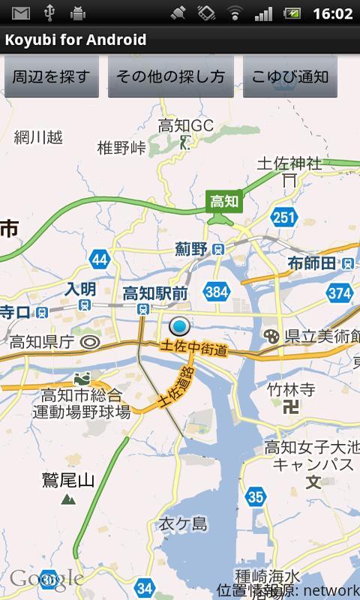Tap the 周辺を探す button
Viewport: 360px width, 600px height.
click(x=52, y=76)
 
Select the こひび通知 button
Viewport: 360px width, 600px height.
click(x=289, y=76)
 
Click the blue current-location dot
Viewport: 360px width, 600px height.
click(x=179, y=327)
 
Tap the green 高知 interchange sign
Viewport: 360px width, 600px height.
click(x=223, y=201)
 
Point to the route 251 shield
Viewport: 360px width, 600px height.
click(x=283, y=217)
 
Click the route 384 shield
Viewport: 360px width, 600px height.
click(x=216, y=292)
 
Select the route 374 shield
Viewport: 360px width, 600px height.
click(x=339, y=292)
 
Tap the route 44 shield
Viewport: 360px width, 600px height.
click(x=100, y=260)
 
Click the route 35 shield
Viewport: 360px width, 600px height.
click(x=256, y=496)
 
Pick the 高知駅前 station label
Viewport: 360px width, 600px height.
click(x=155, y=293)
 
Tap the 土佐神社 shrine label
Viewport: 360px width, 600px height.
click(x=289, y=163)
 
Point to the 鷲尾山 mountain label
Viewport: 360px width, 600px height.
click(x=68, y=481)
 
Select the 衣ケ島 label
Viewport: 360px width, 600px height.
click(x=182, y=524)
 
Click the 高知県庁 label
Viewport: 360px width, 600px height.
click(x=42, y=342)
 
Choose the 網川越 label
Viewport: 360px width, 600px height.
click(x=38, y=137)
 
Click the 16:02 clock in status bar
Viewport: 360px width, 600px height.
click(x=332, y=13)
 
